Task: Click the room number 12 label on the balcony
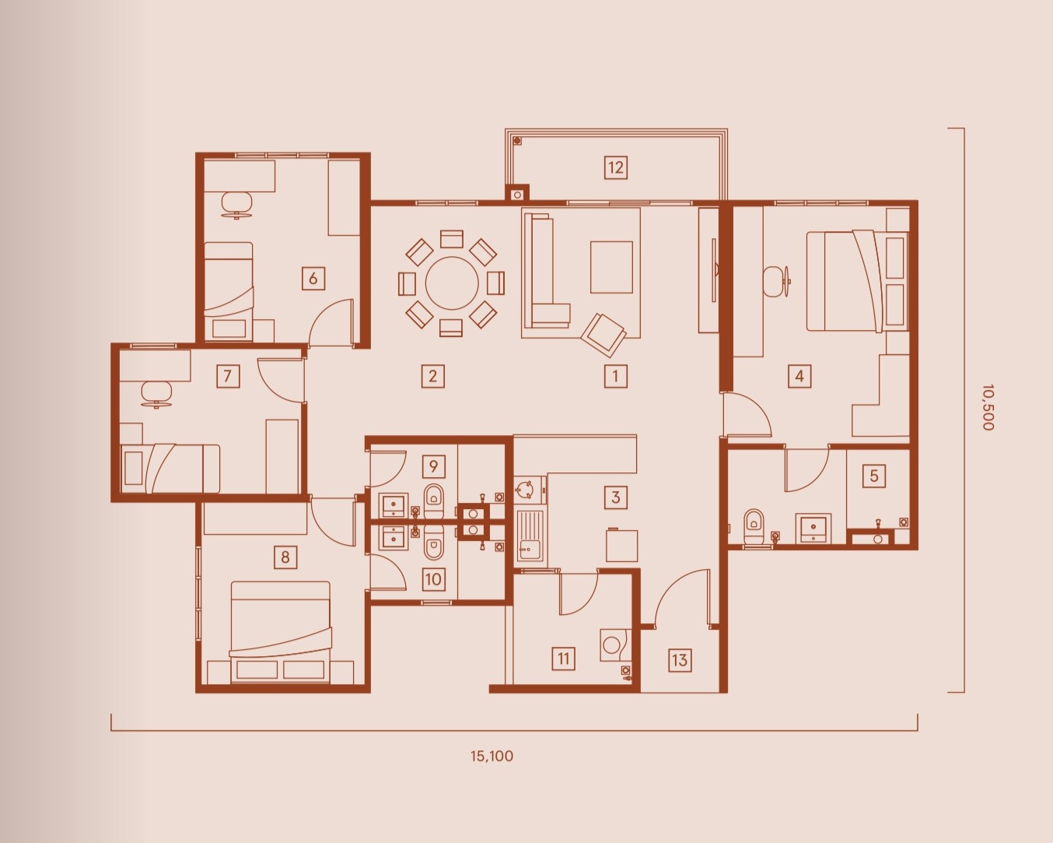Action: (616, 167)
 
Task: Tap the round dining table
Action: (452, 283)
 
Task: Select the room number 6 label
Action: (313, 278)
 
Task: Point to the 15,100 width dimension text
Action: (492, 756)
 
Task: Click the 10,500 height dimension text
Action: (988, 407)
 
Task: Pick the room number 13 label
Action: (680, 660)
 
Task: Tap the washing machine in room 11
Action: (613, 645)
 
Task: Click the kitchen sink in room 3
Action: (530, 538)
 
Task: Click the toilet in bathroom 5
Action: (754, 526)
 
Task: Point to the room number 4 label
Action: (799, 376)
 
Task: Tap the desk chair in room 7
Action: (156, 394)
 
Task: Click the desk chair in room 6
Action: (237, 204)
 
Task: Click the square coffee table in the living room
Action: (611, 267)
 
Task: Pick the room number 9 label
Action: (433, 465)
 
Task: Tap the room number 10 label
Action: (433, 579)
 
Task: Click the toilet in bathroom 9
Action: (433, 501)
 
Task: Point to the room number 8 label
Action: (285, 557)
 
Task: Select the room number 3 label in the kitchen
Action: (616, 497)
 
